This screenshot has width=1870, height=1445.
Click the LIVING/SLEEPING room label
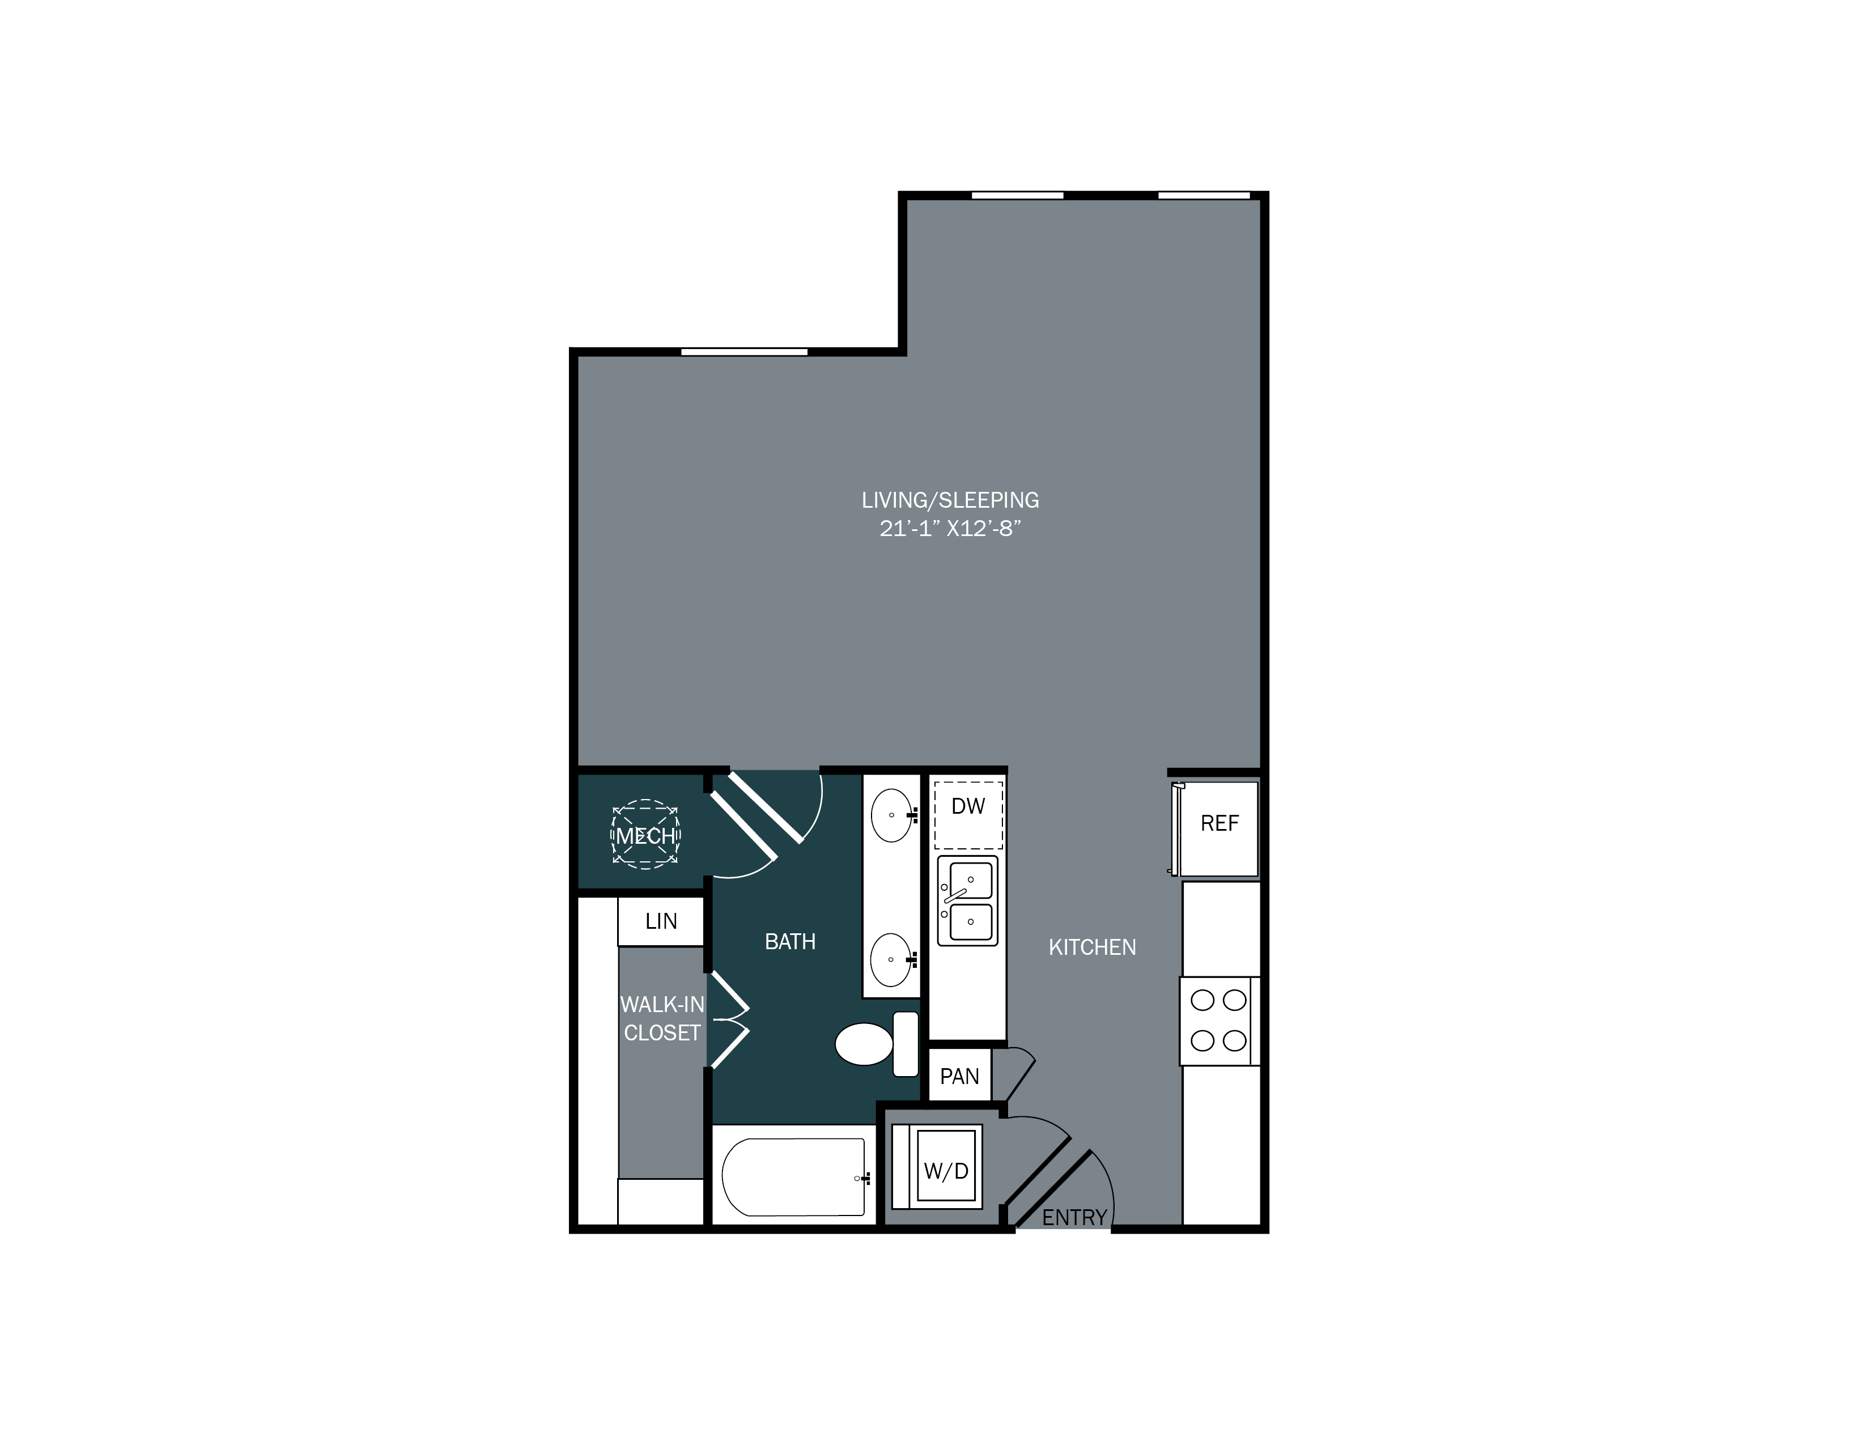click(950, 500)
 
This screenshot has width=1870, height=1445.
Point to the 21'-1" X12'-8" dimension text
click(950, 529)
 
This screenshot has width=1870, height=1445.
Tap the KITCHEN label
click(1092, 947)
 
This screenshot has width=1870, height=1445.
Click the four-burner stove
click(1218, 1021)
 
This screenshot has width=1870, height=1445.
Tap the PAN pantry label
click(959, 1077)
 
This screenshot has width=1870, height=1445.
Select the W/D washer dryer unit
click(945, 1170)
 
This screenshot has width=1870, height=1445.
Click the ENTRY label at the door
click(1074, 1217)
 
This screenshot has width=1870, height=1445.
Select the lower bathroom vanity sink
click(892, 959)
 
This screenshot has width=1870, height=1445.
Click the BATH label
click(789, 942)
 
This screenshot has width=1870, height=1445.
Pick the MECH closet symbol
click(645, 835)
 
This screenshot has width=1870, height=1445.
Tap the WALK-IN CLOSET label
click(662, 1019)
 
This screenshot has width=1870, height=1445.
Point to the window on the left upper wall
click(743, 352)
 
